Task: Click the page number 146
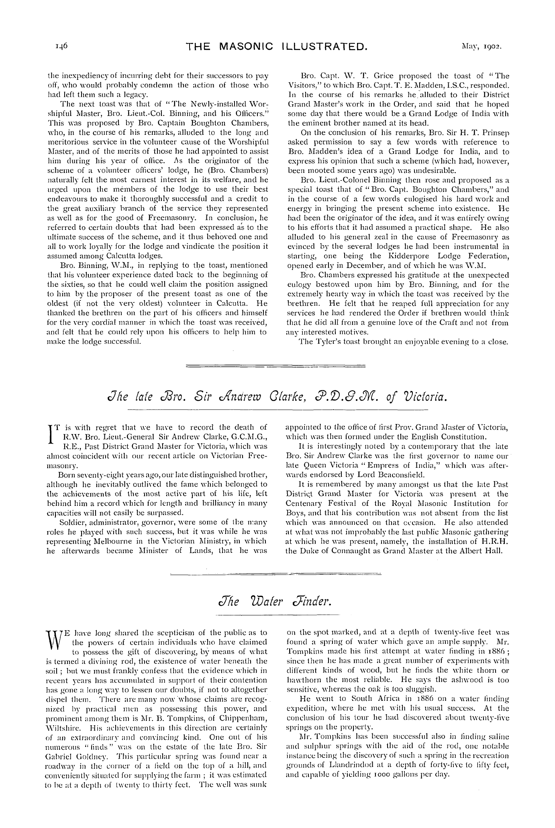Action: (x=61, y=46)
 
